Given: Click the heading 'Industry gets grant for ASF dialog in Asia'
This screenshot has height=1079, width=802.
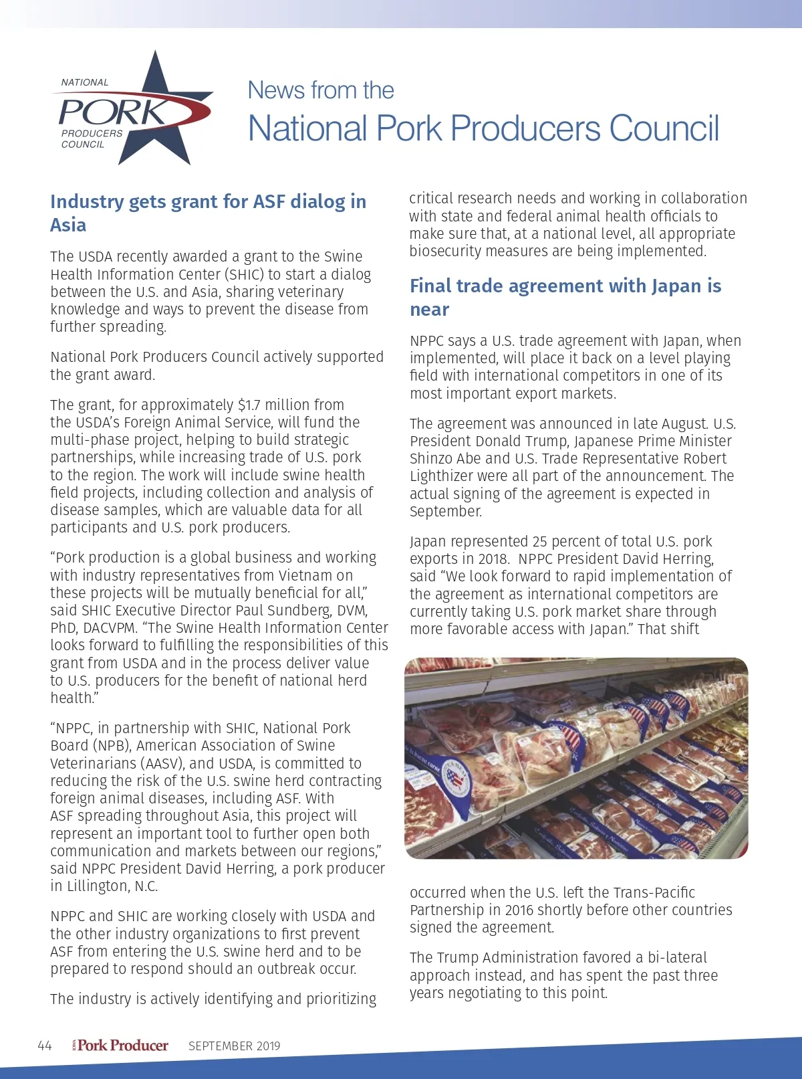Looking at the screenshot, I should click(x=208, y=213).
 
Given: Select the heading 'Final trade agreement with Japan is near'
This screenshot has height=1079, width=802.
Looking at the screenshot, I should click(x=565, y=297).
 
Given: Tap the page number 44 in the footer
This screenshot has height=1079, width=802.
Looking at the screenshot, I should click(x=45, y=1046).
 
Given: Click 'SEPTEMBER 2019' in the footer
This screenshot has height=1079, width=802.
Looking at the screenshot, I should click(x=234, y=1046).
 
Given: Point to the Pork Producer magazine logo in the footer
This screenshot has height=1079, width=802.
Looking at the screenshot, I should click(x=122, y=1046).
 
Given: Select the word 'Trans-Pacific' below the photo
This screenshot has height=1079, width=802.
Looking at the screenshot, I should click(x=654, y=892).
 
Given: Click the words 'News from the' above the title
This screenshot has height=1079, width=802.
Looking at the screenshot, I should click(x=321, y=90).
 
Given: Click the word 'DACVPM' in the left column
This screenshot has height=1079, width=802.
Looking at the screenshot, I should click(x=108, y=628).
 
